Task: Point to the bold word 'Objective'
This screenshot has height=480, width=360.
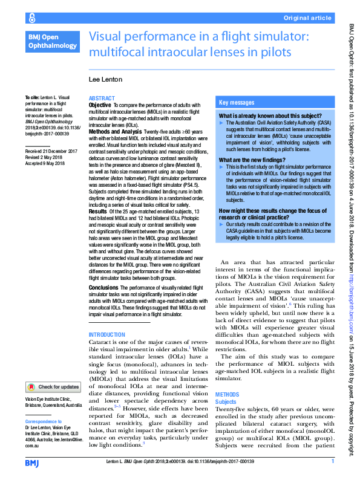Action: [x=100, y=105]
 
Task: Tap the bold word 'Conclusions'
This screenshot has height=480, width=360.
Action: [x=103, y=287]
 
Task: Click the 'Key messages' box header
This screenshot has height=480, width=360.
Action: [x=237, y=103]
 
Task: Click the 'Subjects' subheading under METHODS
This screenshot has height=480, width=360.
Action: [x=226, y=401]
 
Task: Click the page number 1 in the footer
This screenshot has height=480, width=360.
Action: [x=332, y=461]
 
